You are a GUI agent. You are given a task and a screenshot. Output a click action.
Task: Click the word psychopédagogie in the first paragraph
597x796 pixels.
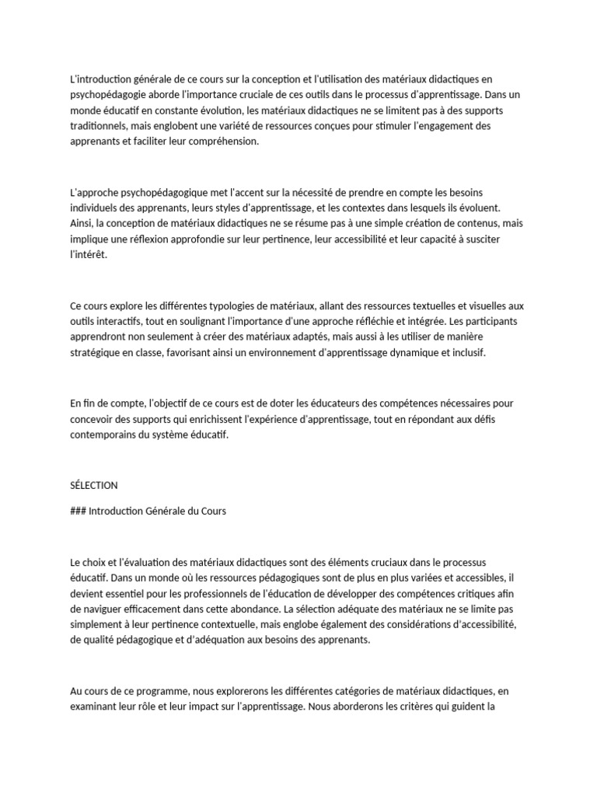pos(111,95)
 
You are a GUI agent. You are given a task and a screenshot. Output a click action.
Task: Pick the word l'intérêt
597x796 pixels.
pos(88,255)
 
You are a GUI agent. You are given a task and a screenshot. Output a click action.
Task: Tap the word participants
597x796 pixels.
pos(496,322)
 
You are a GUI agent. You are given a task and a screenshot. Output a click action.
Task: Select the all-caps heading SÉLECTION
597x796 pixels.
pos(93,486)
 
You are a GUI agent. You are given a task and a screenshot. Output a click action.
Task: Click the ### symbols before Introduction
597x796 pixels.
pos(78,511)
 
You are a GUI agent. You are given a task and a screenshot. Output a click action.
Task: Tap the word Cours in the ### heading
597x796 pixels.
pos(211,511)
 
